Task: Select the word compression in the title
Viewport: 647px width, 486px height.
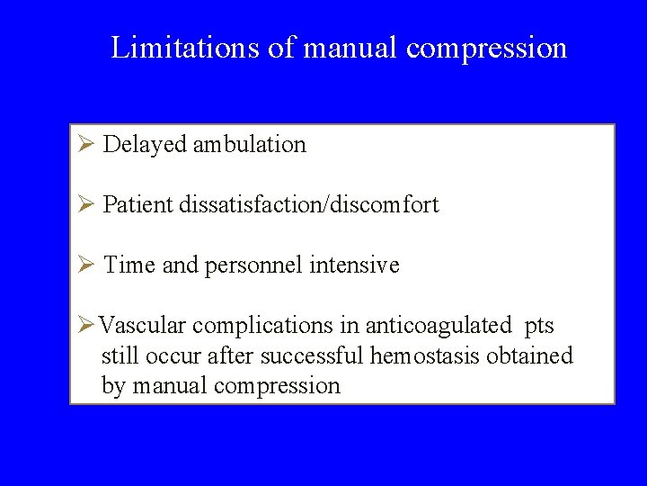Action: pos(486,47)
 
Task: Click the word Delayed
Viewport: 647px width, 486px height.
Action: pos(145,144)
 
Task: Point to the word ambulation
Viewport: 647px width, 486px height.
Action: pos(249,144)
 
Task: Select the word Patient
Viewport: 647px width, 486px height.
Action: pos(138,204)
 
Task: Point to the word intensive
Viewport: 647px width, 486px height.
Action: pos(354,265)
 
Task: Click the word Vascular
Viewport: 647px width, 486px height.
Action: pos(142,325)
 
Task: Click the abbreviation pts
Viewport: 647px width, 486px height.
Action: pos(538,325)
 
